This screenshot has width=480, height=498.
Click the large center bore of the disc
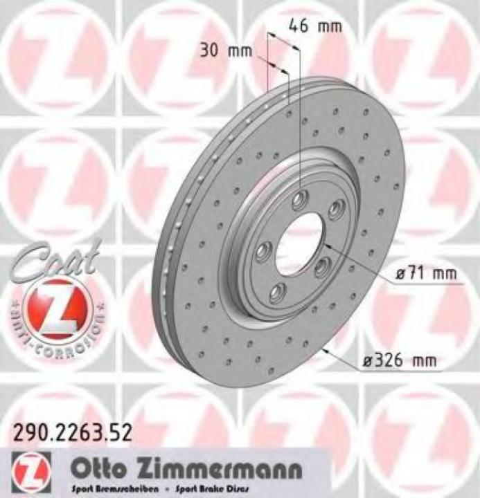pyautogui.click(x=299, y=241)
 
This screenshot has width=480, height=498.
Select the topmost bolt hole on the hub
pyautogui.click(x=300, y=201)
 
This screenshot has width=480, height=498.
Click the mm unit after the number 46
pyautogui.click(x=330, y=27)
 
